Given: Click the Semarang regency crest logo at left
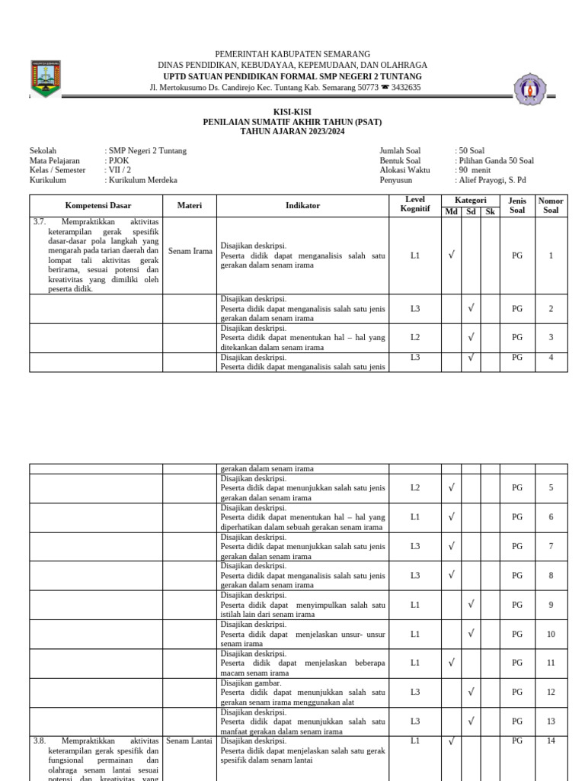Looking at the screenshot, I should (x=45, y=78).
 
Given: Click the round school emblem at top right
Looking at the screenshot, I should (x=529, y=90).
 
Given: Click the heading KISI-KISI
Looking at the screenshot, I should (x=292, y=112).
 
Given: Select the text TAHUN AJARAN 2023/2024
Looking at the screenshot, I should (x=292, y=132).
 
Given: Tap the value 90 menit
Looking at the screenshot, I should (x=475, y=171).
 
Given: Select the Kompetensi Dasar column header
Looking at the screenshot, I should (x=96, y=206).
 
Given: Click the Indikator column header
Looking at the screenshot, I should (x=302, y=206).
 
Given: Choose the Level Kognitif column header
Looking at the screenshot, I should (x=414, y=204).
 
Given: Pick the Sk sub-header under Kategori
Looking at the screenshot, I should (x=490, y=211).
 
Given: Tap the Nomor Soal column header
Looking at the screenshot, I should (x=551, y=205).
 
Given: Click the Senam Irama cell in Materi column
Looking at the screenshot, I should (x=190, y=251).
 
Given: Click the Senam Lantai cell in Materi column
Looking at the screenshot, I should (x=190, y=741).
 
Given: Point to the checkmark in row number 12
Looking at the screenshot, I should (x=471, y=692).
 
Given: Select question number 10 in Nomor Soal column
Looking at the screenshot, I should (x=551, y=634).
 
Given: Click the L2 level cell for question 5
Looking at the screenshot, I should (x=414, y=487).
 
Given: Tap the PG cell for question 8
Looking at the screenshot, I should (x=517, y=576).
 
